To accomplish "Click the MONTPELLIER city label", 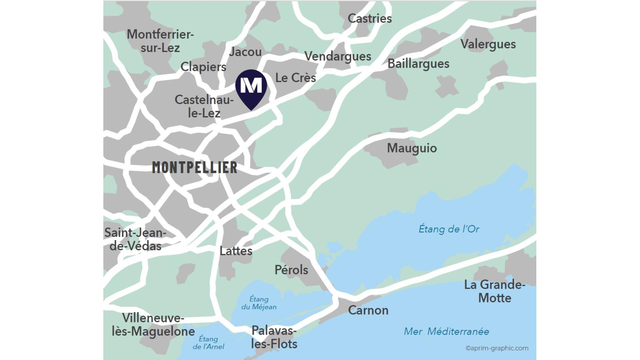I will (x=195, y=167).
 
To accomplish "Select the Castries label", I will (x=370, y=18).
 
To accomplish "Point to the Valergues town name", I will (x=488, y=44).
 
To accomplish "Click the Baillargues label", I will (x=418, y=64).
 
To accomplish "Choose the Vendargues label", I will (x=338, y=56).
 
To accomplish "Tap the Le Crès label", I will (x=295, y=78).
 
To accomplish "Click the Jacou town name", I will (x=245, y=52).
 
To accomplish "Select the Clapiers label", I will (x=203, y=67).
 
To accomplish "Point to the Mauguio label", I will (x=412, y=148).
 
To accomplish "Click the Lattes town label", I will (x=236, y=251).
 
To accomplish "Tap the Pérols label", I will (x=291, y=270).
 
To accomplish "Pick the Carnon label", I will (x=368, y=310).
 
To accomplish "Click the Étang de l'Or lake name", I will (x=449, y=229).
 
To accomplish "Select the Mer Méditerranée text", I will (x=446, y=331).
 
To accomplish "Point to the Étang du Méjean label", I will (x=259, y=303).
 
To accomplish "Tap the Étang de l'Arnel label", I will (x=208, y=343).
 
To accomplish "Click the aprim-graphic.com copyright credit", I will (x=497, y=348).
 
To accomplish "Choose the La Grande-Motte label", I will (x=495, y=291).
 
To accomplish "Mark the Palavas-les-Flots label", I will (x=274, y=337).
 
